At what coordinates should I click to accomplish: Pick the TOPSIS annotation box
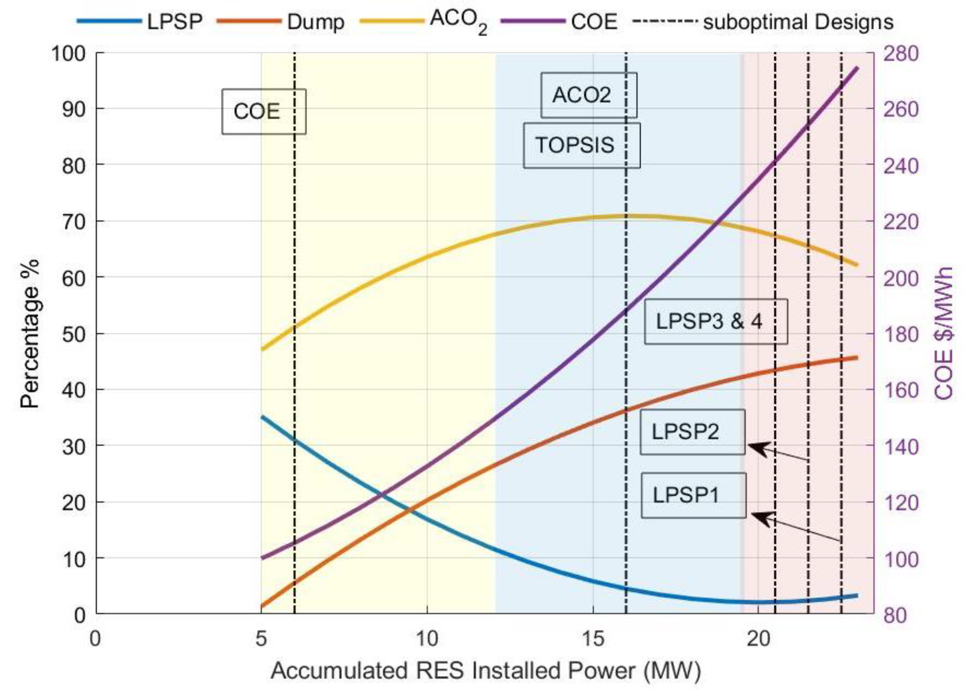[x=581, y=145]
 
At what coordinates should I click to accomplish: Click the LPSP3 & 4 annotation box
[x=716, y=321]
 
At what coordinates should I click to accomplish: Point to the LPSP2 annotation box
[x=692, y=432]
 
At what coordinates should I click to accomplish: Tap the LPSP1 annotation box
[x=693, y=495]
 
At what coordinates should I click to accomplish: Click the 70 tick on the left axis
[x=73, y=221]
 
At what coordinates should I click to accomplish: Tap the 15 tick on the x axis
[x=593, y=639]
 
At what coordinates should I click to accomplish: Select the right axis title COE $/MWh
[x=943, y=333]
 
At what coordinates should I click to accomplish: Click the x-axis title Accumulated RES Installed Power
[x=485, y=671]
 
